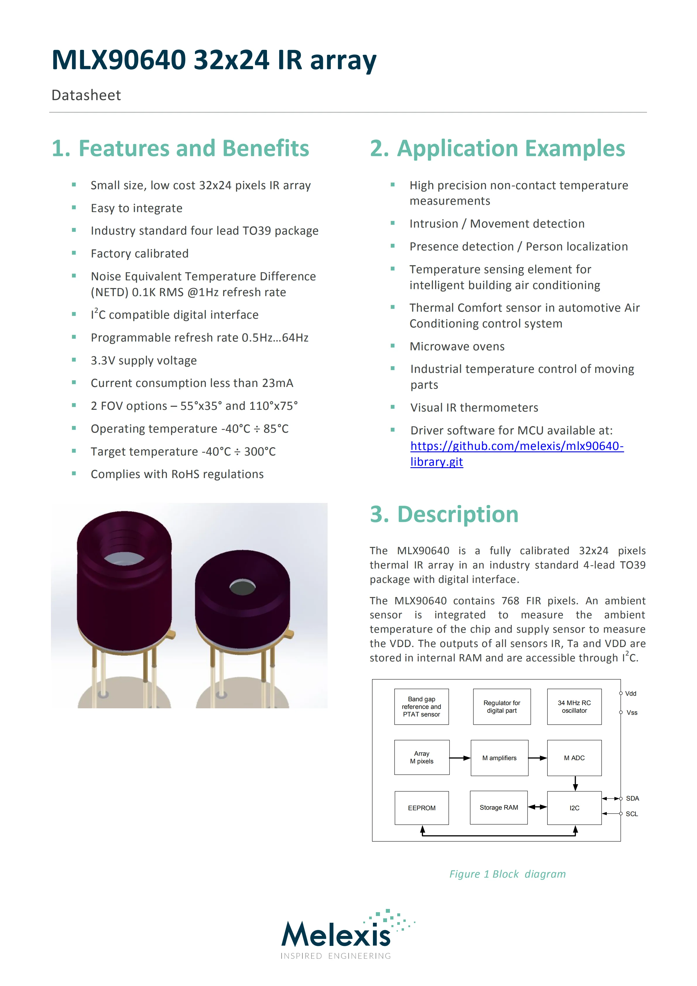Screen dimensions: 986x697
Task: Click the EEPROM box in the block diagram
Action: [x=422, y=808]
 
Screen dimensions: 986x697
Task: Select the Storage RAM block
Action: [x=499, y=807]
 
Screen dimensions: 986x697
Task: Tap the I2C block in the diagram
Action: [x=574, y=808]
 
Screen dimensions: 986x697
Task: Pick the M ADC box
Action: [x=574, y=758]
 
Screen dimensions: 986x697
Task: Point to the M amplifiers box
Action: [x=499, y=758]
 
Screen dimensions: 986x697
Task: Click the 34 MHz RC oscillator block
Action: [x=574, y=707]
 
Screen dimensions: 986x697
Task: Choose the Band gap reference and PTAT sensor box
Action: [x=422, y=707]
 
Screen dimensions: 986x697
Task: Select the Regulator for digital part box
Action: [x=502, y=707]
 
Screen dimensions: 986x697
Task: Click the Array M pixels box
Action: [x=422, y=758]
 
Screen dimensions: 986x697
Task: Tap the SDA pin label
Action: [x=632, y=798]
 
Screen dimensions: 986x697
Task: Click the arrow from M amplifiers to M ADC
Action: [x=538, y=758]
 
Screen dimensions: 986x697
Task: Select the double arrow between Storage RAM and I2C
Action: [x=537, y=807]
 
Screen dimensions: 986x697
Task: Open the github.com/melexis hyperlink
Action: [x=517, y=446]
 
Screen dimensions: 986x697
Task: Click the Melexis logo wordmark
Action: [x=336, y=936]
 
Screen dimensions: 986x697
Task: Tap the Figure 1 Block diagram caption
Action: [x=507, y=874]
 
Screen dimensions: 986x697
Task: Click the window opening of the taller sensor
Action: [x=124, y=558]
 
